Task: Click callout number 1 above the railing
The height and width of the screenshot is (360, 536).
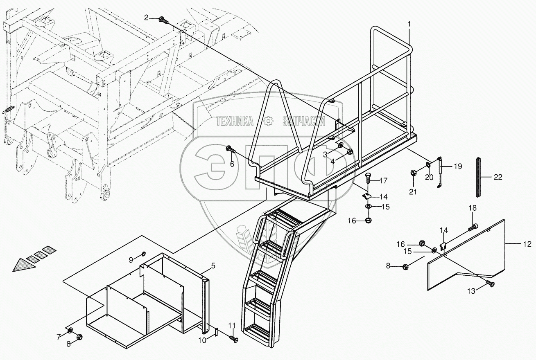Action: click(x=408, y=25)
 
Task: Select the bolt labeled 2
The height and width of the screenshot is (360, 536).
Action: click(x=163, y=18)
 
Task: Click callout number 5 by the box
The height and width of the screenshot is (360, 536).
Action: click(x=213, y=266)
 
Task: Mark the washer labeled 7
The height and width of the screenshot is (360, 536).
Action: click(x=70, y=330)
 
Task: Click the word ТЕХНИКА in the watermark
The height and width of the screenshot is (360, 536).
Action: click(x=235, y=121)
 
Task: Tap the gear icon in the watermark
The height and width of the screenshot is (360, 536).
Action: click(x=268, y=121)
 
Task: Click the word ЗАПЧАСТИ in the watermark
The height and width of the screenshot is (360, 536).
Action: click(x=304, y=121)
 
